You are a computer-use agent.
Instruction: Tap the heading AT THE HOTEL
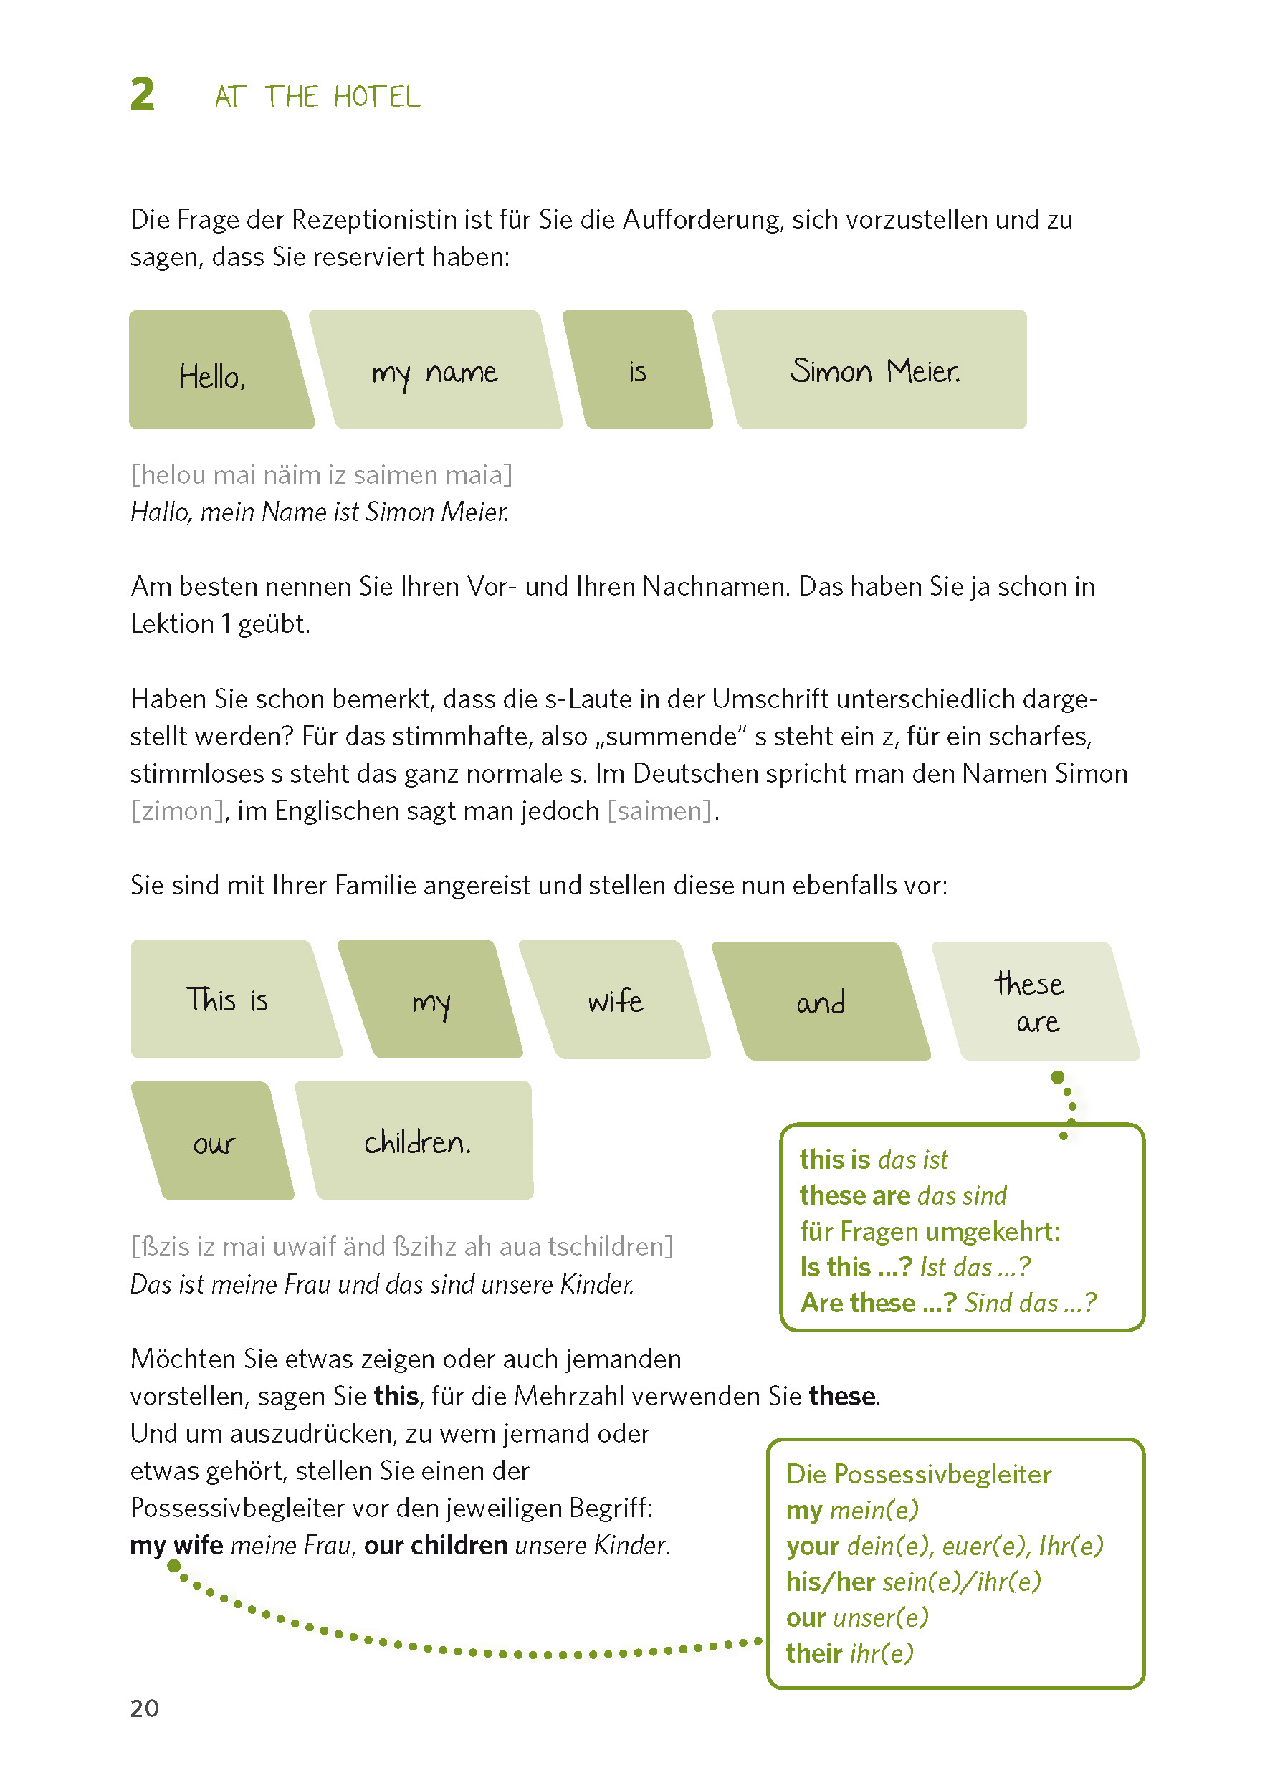coord(317,97)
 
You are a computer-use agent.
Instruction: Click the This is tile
coord(228,1000)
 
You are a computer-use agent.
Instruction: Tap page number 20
coord(145,1708)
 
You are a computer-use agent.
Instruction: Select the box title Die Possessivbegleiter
coord(919,1474)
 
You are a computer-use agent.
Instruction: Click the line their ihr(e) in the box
coord(849,1653)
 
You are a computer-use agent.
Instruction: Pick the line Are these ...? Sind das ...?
coord(947,1304)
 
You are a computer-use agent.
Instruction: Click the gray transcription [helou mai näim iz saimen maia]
coord(321,475)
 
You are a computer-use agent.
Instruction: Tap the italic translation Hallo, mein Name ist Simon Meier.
coord(320,512)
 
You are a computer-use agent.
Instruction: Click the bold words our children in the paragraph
coord(435,1545)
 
